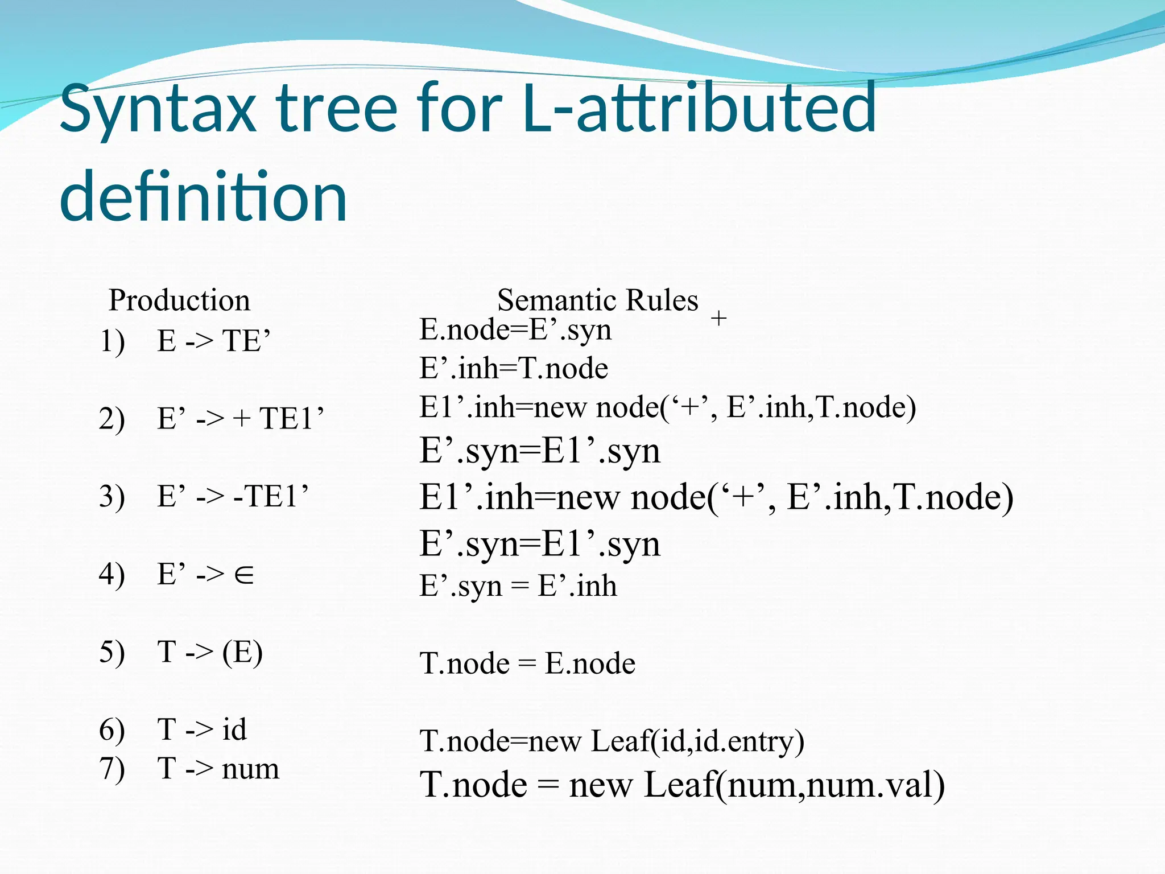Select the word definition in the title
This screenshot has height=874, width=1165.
[203, 197]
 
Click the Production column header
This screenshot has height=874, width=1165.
[179, 300]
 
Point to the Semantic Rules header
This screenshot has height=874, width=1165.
[597, 300]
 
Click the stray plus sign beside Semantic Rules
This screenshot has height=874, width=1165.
[719, 318]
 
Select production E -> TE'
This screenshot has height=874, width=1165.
[213, 341]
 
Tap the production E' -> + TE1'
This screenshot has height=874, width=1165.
[240, 419]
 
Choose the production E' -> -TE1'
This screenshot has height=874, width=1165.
[233, 496]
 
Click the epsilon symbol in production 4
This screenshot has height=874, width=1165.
[244, 575]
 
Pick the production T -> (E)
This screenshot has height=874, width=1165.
[209, 652]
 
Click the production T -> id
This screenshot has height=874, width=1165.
[201, 729]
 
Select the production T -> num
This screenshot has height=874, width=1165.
[218, 768]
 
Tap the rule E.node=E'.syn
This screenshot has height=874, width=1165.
[515, 329]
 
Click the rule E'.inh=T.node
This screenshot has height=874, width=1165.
[514, 368]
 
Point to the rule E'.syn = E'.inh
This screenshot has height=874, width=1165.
[518, 586]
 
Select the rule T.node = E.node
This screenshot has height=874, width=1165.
[527, 663]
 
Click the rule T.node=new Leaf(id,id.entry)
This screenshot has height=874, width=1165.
[612, 741]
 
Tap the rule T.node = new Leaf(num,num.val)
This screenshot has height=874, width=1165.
[682, 785]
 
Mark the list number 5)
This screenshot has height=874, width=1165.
[111, 652]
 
